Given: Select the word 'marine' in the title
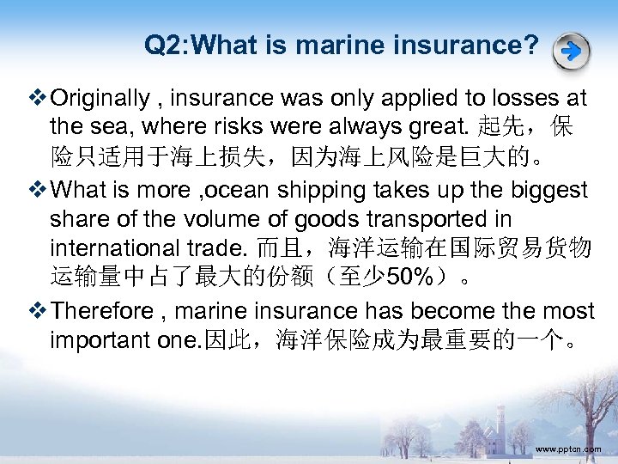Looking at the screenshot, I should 342,45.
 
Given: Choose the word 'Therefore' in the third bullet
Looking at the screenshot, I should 108,310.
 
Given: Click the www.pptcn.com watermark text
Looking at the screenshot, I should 568,449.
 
